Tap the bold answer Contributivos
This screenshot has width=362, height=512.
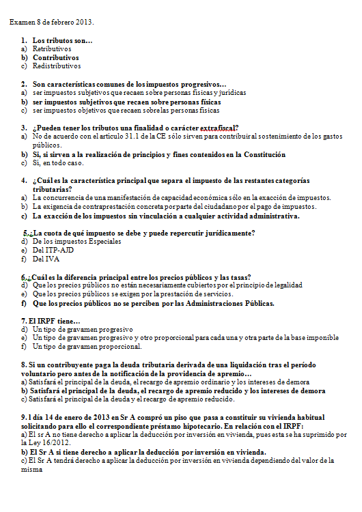(56, 58)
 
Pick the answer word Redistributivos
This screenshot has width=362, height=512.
(57, 67)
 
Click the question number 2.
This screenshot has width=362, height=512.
(24, 84)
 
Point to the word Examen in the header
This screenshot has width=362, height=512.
(23, 23)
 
